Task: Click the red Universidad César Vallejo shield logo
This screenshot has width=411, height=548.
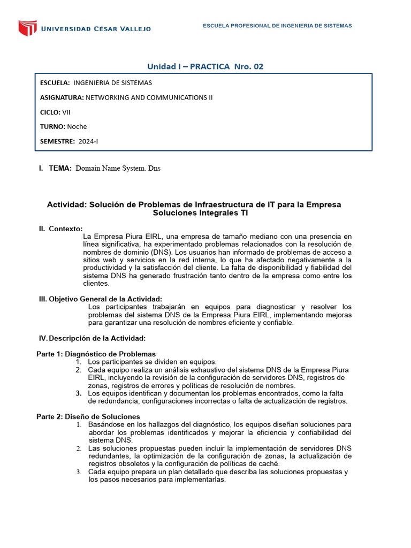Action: click(28, 28)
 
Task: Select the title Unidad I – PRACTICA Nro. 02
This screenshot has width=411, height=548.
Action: click(205, 66)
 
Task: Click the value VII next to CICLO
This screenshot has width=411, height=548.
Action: click(66, 112)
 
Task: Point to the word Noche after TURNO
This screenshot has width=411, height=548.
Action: click(77, 126)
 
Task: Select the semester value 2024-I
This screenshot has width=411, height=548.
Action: click(88, 141)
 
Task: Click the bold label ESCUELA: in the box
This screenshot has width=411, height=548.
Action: click(55, 83)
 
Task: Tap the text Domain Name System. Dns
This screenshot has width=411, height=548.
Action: click(118, 168)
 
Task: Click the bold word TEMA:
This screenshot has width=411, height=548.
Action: click(60, 168)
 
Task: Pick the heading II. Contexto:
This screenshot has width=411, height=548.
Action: click(60, 229)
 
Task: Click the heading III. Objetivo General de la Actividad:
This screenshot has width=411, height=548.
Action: click(101, 299)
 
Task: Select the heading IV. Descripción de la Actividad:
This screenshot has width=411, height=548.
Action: click(92, 338)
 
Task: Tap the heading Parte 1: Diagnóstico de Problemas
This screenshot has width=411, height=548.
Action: click(96, 354)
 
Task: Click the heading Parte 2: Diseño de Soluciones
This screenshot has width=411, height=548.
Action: click(88, 416)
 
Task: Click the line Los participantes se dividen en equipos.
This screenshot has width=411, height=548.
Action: click(153, 362)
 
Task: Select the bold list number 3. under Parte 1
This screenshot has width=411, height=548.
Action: click(78, 393)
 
